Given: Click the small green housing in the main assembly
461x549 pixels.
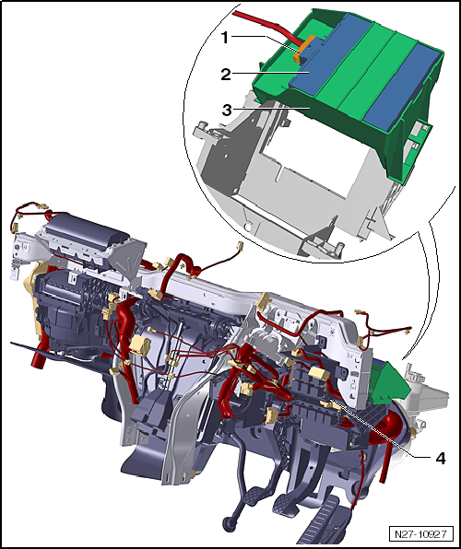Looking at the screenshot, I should (386, 379).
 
